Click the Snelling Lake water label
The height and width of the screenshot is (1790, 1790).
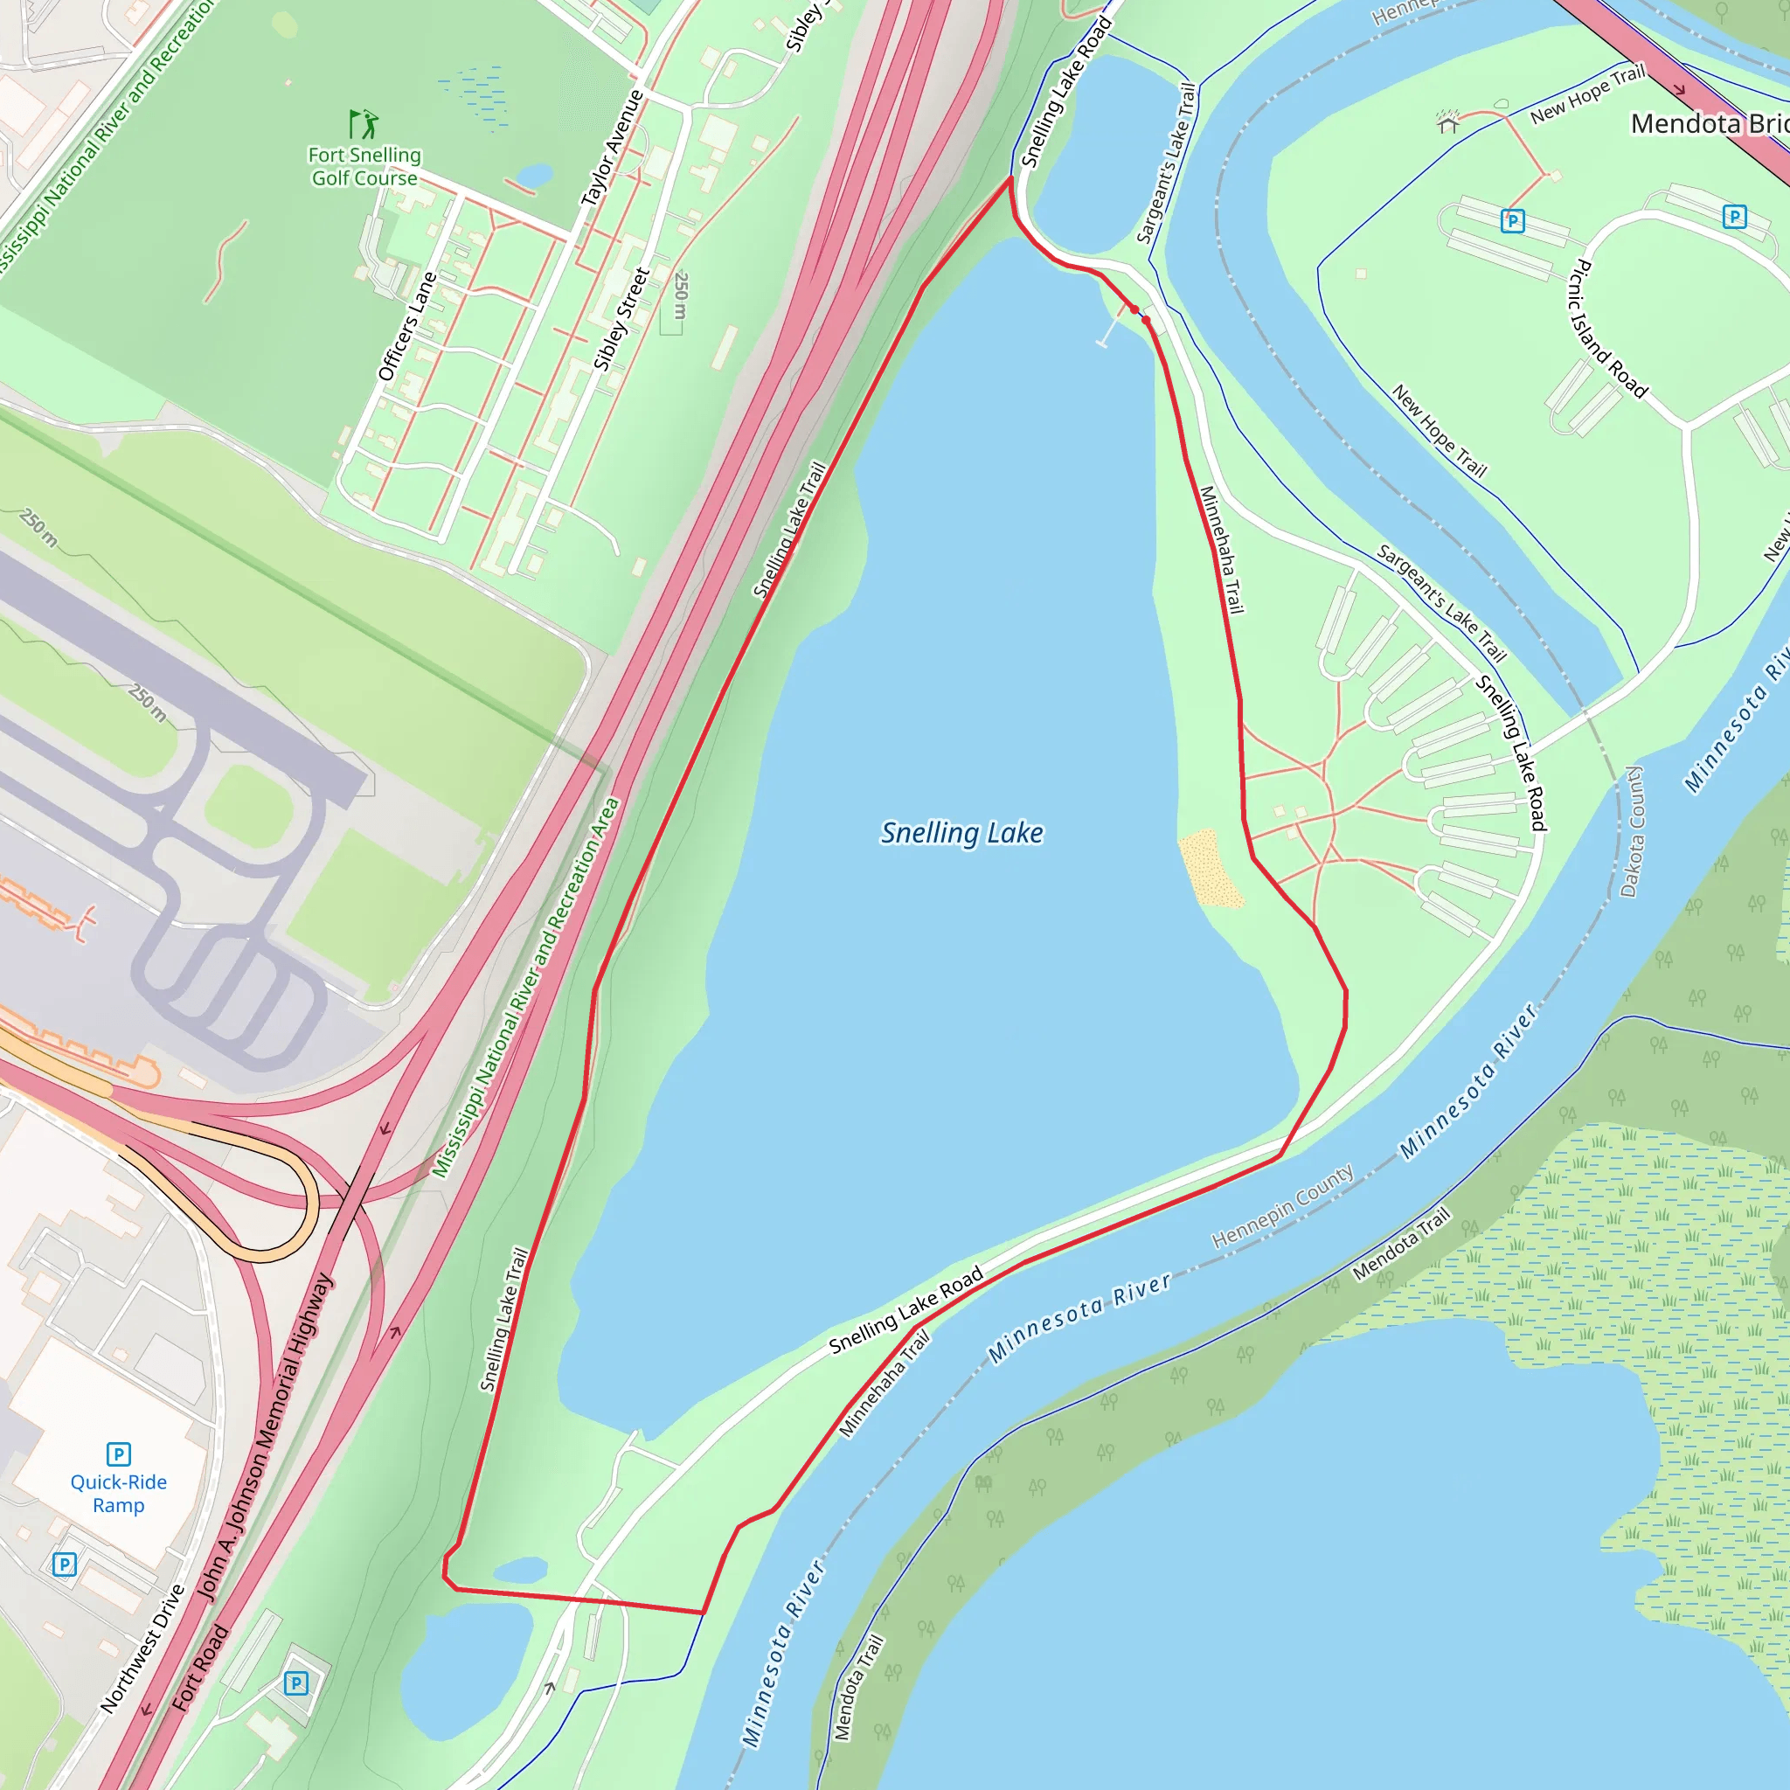[x=961, y=833]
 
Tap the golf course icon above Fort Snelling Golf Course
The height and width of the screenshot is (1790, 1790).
[x=364, y=123]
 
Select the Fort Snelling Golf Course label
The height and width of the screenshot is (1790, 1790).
[x=364, y=167]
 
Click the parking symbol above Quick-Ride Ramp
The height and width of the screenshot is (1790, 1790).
[x=119, y=1454]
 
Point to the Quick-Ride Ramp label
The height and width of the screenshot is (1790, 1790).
[x=119, y=1494]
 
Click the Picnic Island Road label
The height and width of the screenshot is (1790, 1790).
[x=1606, y=330]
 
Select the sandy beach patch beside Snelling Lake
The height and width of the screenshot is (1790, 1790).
[x=1209, y=869]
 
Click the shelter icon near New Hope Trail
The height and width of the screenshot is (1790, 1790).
[x=1447, y=122]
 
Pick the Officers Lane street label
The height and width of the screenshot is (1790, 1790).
[x=406, y=326]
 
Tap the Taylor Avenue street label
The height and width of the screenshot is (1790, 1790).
[x=612, y=149]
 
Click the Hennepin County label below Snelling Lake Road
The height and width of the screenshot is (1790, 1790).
[x=1282, y=1204]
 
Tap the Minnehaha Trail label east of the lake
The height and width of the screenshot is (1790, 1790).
[x=1221, y=551]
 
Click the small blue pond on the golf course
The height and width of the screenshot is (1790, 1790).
[x=535, y=175]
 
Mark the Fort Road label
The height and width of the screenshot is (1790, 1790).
[x=199, y=1668]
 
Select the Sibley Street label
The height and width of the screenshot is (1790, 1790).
[x=621, y=320]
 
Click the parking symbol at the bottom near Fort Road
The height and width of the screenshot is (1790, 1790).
[x=295, y=1683]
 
